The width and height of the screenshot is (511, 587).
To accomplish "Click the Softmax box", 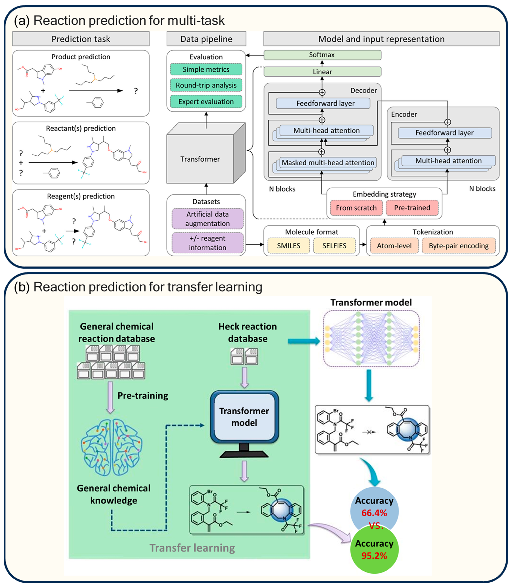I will click(x=322, y=55).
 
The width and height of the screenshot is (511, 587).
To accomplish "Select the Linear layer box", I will click(x=322, y=72).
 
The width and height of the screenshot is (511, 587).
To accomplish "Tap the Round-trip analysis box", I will click(x=206, y=85).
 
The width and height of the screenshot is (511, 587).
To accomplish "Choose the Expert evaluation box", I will click(x=206, y=102).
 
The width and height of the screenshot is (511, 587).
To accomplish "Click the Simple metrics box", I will click(x=206, y=69).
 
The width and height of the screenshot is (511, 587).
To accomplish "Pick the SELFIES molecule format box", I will click(x=334, y=246).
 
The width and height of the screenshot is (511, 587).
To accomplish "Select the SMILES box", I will click(x=289, y=246).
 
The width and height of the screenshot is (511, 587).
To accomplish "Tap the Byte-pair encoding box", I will click(x=459, y=246).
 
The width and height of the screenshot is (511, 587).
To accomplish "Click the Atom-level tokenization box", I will click(x=394, y=246).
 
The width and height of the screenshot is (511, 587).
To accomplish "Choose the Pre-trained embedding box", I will click(x=412, y=208).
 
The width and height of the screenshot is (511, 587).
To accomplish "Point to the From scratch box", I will click(x=356, y=208).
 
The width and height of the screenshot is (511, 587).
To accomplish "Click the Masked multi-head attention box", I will click(x=328, y=163).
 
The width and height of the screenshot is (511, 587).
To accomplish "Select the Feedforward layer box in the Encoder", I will click(x=445, y=133).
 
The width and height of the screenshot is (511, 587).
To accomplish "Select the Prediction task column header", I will click(x=81, y=39).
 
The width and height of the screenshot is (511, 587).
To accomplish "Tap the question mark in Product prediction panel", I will click(x=136, y=91).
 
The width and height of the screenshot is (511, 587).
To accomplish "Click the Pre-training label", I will click(x=143, y=396).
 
